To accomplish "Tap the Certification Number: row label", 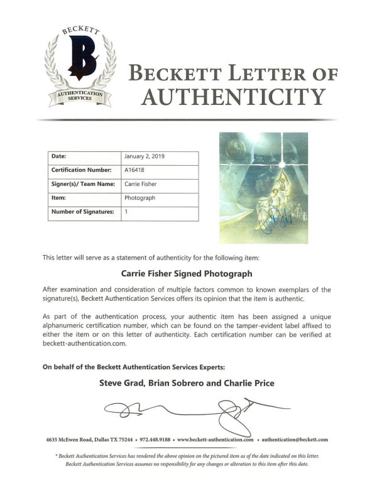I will (81, 170).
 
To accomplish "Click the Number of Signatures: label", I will (82, 212).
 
